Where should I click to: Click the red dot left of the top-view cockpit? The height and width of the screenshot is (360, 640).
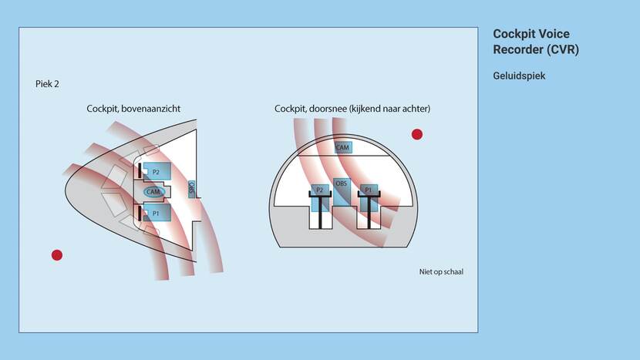pos(56,255)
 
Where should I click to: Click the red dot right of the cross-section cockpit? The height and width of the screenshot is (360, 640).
pos(417,134)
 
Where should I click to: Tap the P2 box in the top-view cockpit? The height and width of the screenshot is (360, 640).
pos(157,171)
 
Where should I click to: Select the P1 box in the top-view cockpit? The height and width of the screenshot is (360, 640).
pos(157,213)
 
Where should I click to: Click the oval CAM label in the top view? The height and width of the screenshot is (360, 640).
pos(153,192)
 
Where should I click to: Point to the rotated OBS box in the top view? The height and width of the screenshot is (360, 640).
pos(192,188)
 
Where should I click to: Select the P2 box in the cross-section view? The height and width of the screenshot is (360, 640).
pos(319,190)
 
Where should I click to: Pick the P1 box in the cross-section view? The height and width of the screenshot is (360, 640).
pos(368,190)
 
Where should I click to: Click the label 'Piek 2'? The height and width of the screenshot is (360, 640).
pos(47,83)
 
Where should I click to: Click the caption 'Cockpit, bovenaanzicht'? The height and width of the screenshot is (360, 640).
pos(133,109)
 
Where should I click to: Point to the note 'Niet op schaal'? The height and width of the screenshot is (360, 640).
pos(441,271)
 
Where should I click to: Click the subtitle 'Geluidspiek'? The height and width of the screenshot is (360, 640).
pos(519,76)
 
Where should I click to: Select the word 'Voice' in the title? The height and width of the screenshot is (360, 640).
pos(553,35)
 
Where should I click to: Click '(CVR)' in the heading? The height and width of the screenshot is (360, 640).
pos(561,50)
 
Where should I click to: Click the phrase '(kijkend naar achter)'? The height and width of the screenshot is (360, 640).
pos(390,109)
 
